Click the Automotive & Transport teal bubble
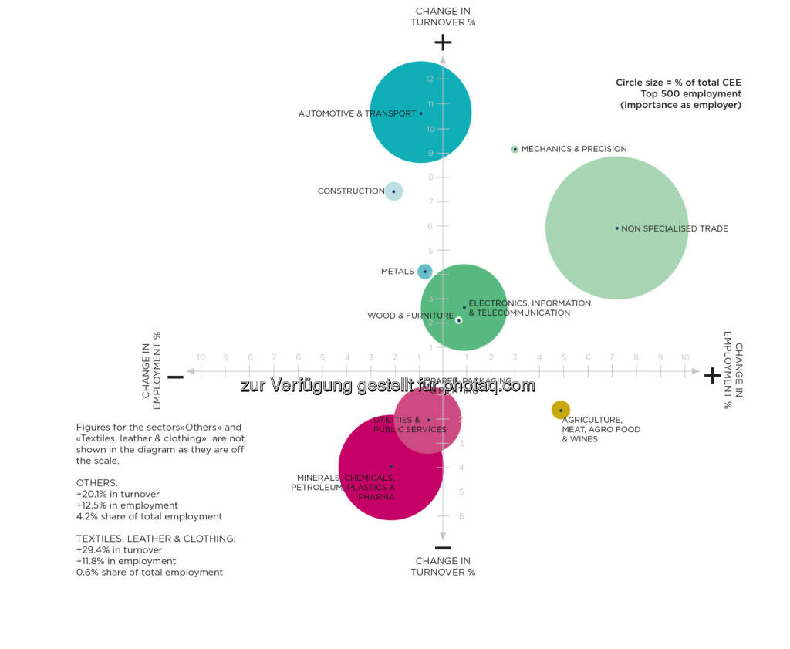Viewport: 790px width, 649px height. [420, 112]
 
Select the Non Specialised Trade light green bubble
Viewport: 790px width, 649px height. [616, 228]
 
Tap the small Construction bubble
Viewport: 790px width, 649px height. [393, 191]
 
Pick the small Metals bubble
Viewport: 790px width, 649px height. [424, 271]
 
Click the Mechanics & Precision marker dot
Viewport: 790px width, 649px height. [515, 149]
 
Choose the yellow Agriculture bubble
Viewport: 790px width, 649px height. [561, 410]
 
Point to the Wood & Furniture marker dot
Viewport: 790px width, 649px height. [458, 319]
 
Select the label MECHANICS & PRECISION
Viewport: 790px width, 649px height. [574, 149]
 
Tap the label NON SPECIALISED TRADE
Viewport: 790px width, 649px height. [674, 228]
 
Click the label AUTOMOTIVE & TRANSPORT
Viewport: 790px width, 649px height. [357, 113]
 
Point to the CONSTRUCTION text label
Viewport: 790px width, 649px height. [351, 191]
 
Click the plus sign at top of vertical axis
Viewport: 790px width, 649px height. [443, 42]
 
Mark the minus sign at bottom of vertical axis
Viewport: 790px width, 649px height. [443, 547]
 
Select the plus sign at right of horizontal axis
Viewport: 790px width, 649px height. [712, 375]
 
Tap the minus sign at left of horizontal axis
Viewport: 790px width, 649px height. [175, 377]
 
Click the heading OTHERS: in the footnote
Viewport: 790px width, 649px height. [97, 482]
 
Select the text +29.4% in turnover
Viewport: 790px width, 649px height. [120, 550]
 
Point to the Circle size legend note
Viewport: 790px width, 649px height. [678, 93]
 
